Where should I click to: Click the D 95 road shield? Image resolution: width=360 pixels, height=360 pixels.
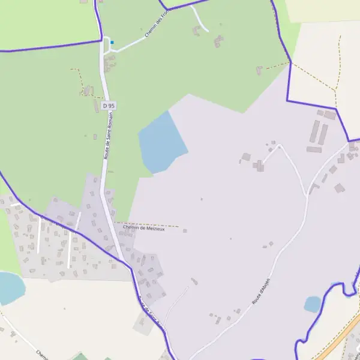tap(109, 106)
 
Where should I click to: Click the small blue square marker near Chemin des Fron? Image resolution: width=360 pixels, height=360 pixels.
tap(112, 43)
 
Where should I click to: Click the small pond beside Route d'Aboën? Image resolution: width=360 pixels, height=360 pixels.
tap(313, 304)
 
